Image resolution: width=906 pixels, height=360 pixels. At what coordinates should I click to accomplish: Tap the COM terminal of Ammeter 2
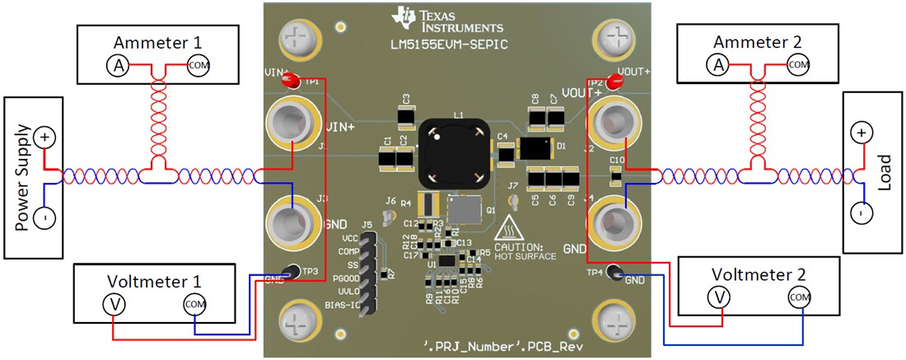pos(797,63)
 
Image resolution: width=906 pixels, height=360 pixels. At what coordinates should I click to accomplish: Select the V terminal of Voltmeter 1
pos(113,304)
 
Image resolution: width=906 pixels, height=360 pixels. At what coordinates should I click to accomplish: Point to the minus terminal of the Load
pos(861,213)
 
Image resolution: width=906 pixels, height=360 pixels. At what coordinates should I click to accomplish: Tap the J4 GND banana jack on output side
pos(614,221)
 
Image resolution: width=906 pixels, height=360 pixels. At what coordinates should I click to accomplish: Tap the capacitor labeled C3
pos(406,118)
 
